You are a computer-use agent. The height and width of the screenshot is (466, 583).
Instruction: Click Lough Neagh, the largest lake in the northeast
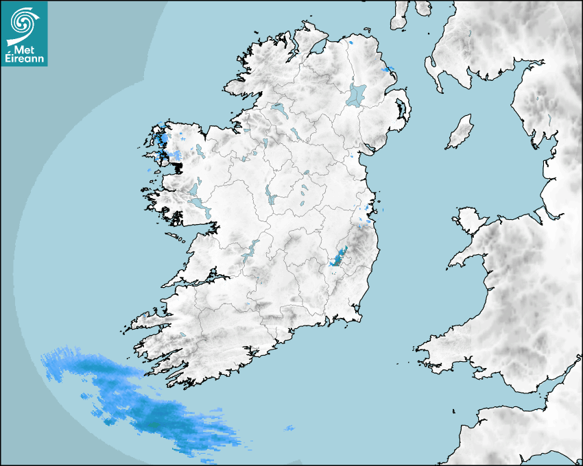(x=357, y=94)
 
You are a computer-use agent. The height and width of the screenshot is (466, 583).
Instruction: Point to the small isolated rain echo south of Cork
(x=289, y=429)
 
